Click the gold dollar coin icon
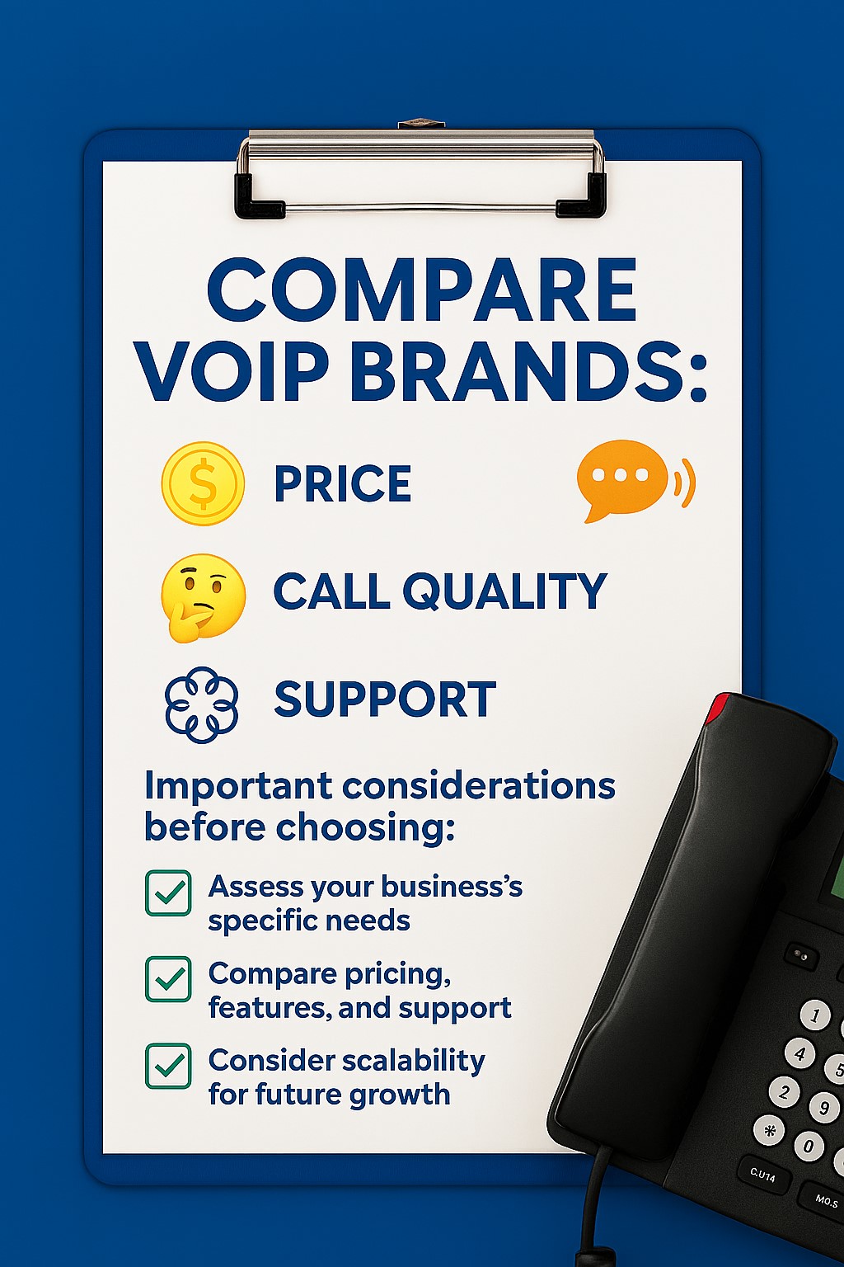tap(203, 483)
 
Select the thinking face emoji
tap(203, 596)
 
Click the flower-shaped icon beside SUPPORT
tap(202, 704)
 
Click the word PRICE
tap(342, 483)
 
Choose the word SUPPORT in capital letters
tap(385, 699)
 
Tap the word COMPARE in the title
tap(422, 290)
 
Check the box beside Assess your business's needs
tap(168, 893)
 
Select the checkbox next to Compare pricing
tap(168, 979)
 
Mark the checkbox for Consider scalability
tap(168, 1066)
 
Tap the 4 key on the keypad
tap(799, 1053)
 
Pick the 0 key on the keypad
tap(809, 1146)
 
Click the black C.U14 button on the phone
tap(762, 1175)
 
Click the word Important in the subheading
tap(238, 786)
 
